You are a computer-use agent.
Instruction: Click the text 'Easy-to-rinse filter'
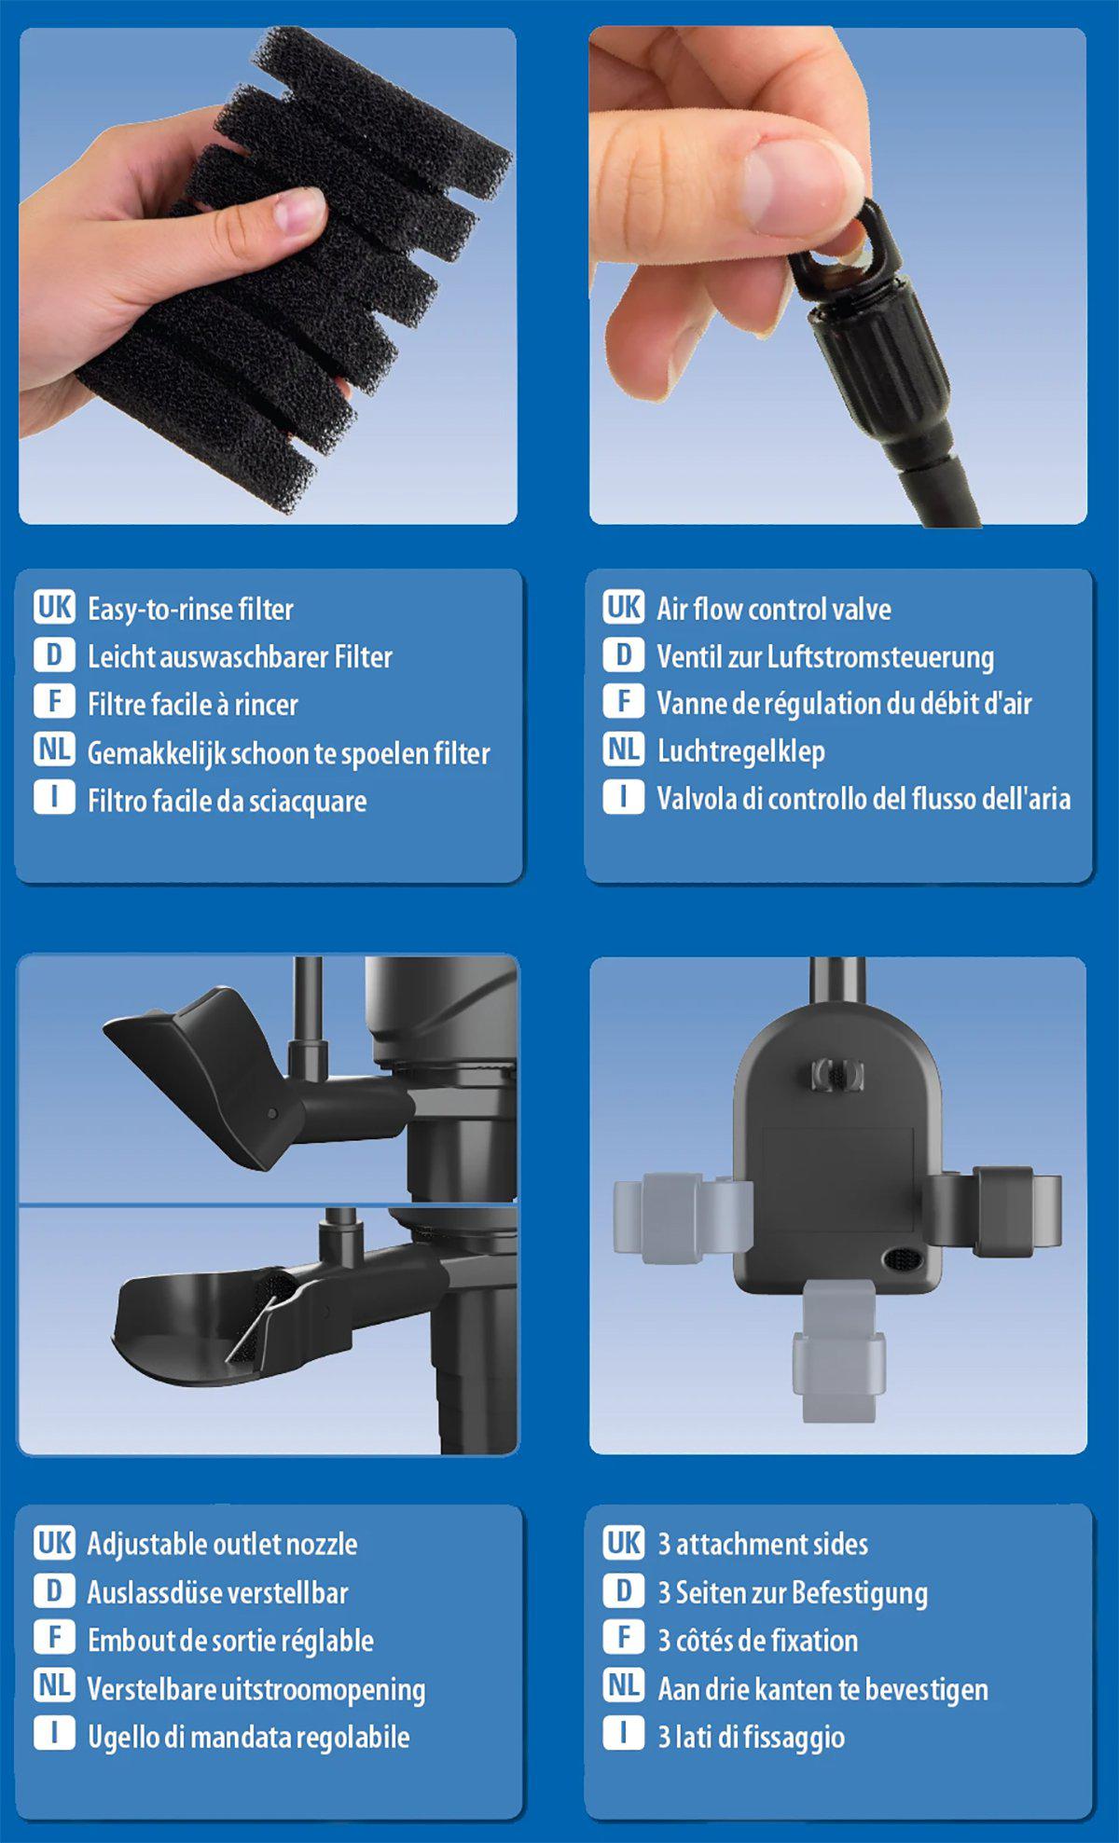(190, 609)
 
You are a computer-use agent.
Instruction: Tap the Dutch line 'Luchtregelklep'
(740, 751)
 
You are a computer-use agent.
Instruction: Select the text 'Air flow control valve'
(773, 609)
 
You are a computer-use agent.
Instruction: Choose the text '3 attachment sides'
(762, 1544)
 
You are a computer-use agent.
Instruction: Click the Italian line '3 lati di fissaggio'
(751, 1737)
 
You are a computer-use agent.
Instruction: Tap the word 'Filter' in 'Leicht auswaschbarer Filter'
(364, 656)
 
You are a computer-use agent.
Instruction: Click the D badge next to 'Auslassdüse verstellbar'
(54, 1590)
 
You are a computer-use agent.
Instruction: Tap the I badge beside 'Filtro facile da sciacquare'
(54, 798)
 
